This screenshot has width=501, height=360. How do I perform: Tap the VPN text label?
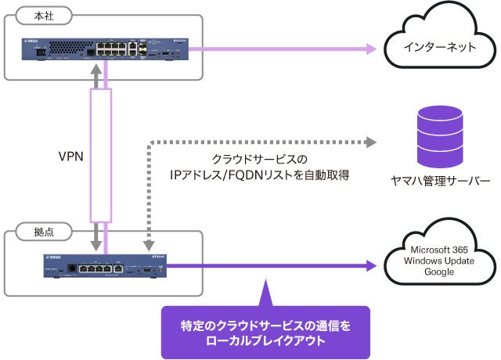pyautogui.click(x=71, y=156)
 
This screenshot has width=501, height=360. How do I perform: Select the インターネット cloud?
pyautogui.click(x=439, y=48)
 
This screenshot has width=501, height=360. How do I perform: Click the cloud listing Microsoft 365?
pyautogui.click(x=439, y=260)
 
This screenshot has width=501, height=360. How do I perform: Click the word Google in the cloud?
pyautogui.click(x=439, y=272)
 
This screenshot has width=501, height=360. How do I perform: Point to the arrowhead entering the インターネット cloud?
pyautogui.click(x=372, y=49)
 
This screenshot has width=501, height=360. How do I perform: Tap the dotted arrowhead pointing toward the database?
pyautogui.click(x=370, y=143)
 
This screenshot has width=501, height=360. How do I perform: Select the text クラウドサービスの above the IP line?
pyautogui.click(x=259, y=159)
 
